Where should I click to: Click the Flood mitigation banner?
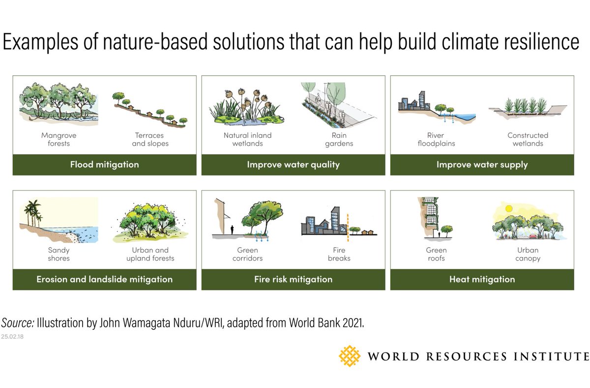[104, 164]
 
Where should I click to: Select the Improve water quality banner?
[293, 164]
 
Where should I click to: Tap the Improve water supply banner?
[482, 164]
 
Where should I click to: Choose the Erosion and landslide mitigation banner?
[104, 279]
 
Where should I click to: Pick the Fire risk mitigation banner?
[293, 279]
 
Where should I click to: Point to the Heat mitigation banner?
[482, 279]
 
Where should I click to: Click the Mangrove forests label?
[59, 139]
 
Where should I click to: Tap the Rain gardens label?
[339, 139]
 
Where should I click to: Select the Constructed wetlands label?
[528, 139]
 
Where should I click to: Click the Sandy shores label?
[59, 254]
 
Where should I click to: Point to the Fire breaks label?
[339, 254]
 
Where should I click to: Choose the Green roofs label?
[436, 254]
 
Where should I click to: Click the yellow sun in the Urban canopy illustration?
[508, 208]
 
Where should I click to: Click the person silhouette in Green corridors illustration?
[232, 229]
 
